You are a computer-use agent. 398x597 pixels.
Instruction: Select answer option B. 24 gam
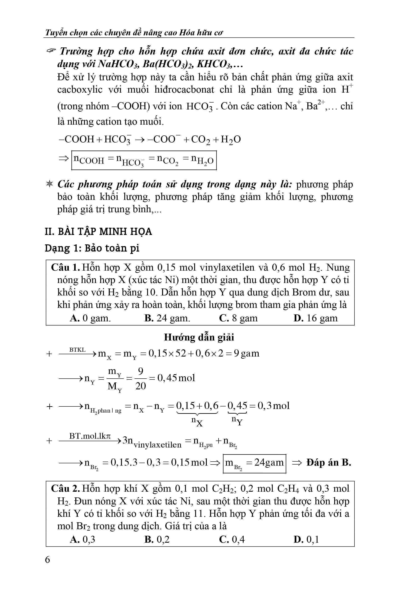167,318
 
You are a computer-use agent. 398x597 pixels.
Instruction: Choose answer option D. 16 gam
315,318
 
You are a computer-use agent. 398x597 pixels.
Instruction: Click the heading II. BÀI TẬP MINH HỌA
98,231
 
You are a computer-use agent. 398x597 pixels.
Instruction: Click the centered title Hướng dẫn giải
199,337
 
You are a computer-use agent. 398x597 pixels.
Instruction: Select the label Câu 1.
65,267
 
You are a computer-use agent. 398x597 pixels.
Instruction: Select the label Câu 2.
65,489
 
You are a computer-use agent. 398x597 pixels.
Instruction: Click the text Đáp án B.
329,462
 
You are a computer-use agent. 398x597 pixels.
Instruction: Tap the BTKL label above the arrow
77,350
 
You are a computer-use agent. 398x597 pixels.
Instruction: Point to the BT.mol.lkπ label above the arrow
90,436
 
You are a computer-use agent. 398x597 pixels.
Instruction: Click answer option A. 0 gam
90,318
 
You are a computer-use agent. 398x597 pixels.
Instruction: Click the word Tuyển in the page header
54,33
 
